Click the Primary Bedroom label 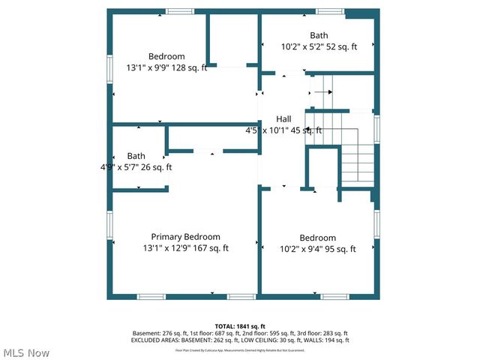click(185, 236)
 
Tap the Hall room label click(283, 118)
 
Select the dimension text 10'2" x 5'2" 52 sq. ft click(318, 46)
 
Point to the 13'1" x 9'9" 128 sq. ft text click(166, 67)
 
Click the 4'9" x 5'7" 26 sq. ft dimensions click(136, 167)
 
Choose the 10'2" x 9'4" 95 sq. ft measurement click(317, 249)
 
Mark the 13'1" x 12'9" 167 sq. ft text click(185, 248)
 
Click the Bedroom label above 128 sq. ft click(166, 56)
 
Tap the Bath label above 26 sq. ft click(136, 156)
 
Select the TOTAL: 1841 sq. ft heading click(239, 326)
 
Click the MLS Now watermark click(26, 352)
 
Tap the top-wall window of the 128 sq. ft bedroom click(178, 11)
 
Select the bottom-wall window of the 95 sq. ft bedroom click(334, 297)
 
